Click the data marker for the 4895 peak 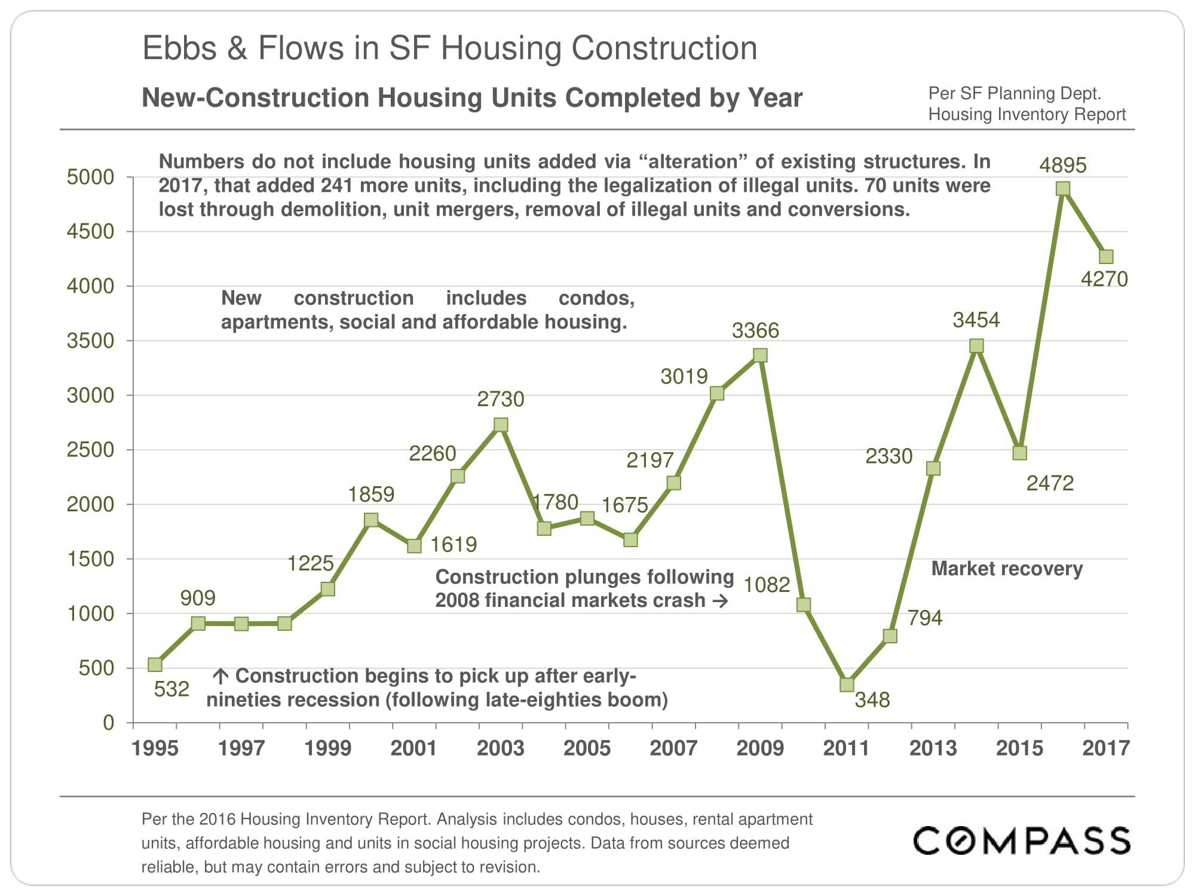(x=1063, y=189)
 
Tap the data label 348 (x=872, y=699)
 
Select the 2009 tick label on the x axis (x=759, y=748)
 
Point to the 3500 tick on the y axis (x=90, y=340)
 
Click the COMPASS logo (x=1022, y=840)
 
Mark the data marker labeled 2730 (x=501, y=425)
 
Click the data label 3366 (x=755, y=330)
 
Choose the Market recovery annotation (x=1007, y=569)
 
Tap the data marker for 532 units (x=155, y=664)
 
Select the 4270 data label (x=1104, y=279)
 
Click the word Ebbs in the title (x=179, y=48)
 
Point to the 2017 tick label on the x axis (x=1105, y=748)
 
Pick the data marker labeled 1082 (x=804, y=605)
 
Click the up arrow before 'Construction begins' (x=220, y=676)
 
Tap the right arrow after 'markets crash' (x=721, y=600)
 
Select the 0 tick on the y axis (x=108, y=723)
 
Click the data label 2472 (x=1050, y=483)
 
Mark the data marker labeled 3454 (x=976, y=346)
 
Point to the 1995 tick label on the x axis (x=155, y=748)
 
